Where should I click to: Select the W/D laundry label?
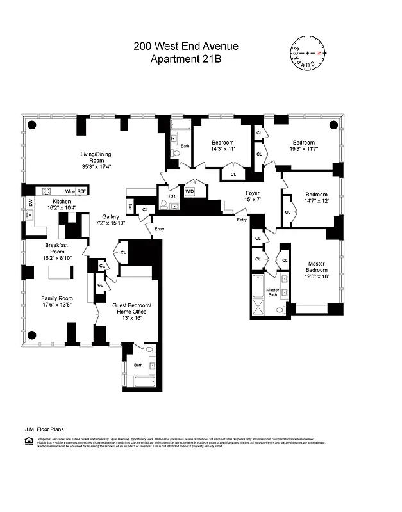190,191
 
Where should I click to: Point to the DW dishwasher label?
29,204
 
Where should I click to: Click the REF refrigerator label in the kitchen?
82,191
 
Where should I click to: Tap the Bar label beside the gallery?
130,207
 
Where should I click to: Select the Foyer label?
253,192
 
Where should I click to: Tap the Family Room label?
57,298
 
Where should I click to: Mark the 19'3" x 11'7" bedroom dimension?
303,149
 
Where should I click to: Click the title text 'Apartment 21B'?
186,60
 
